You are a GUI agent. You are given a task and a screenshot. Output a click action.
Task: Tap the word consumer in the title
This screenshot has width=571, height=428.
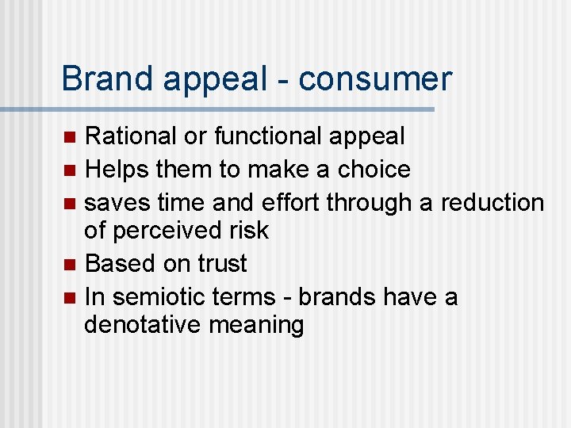click(x=375, y=79)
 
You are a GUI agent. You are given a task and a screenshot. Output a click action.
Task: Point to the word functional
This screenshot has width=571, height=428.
click(x=266, y=136)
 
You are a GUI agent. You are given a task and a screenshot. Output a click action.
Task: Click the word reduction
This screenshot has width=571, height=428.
click(x=492, y=202)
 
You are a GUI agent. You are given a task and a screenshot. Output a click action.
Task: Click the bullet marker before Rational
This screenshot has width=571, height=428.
click(x=70, y=137)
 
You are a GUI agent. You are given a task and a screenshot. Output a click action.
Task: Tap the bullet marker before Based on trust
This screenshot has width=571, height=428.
click(x=70, y=264)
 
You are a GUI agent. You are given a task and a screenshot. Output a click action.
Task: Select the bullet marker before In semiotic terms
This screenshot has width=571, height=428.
click(x=70, y=297)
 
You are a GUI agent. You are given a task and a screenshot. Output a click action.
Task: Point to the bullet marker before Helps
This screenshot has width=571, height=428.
click(x=70, y=170)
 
